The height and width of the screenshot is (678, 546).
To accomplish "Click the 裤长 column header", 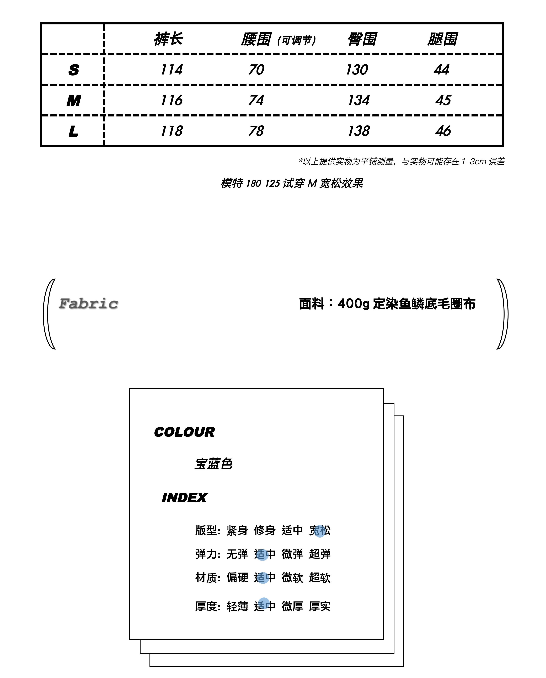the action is [x=168, y=39].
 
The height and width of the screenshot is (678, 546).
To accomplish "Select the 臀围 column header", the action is [x=362, y=39].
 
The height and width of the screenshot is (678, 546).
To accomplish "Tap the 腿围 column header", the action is [x=442, y=39].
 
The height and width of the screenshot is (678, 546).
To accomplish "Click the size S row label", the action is [x=74, y=70].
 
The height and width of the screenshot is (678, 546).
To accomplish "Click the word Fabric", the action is [x=88, y=304].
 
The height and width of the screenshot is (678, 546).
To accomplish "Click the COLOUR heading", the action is [x=184, y=432].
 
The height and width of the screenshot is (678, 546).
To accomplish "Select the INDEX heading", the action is [x=184, y=498].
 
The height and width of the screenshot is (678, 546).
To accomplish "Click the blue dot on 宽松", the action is [x=320, y=531].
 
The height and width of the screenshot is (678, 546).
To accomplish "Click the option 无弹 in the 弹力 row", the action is [x=237, y=554].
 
